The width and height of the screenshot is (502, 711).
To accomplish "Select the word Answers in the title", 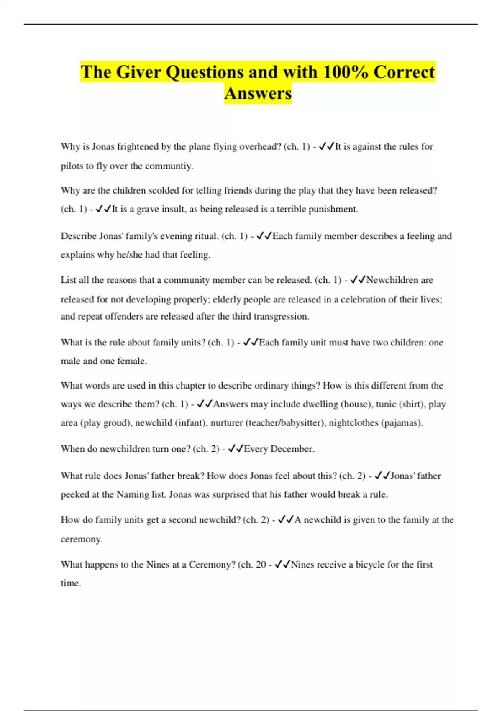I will pos(258,93).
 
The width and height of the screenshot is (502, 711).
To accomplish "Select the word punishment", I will pos(333,209).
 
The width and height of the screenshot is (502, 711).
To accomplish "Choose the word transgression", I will pos(282,317).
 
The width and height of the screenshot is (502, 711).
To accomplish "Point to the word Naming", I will pos(133,495).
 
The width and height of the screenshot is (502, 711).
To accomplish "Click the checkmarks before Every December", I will pos(236,449).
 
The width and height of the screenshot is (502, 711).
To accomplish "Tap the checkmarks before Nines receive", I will pos(282,565).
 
